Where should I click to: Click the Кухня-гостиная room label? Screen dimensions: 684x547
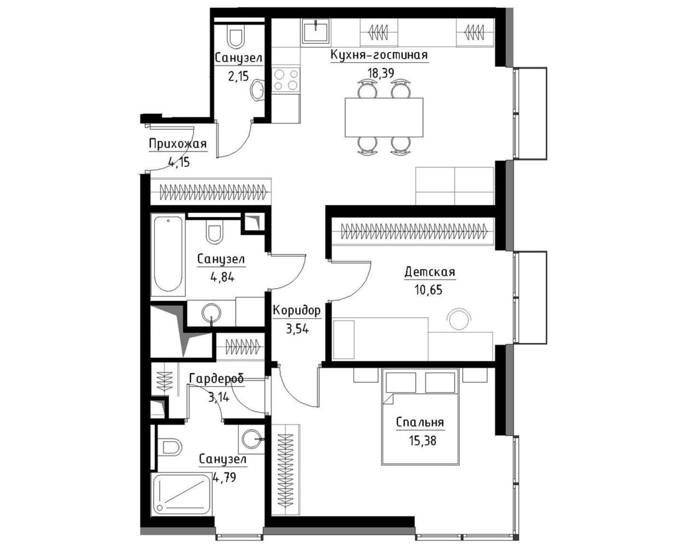379,55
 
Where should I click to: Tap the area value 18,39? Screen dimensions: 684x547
381,73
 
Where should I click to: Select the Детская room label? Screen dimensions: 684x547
430,272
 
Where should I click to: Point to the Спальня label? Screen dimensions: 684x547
420,423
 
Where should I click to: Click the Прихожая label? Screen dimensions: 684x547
178,144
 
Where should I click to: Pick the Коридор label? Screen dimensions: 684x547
297,311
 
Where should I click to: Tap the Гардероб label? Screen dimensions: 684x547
217,379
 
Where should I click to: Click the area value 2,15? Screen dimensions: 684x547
238,76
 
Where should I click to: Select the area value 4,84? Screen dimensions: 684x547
222,277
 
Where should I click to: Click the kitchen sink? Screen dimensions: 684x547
315,31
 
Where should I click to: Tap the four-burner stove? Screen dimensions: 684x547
286,79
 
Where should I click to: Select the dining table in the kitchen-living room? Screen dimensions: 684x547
384,117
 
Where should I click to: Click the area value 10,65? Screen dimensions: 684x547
428,290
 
